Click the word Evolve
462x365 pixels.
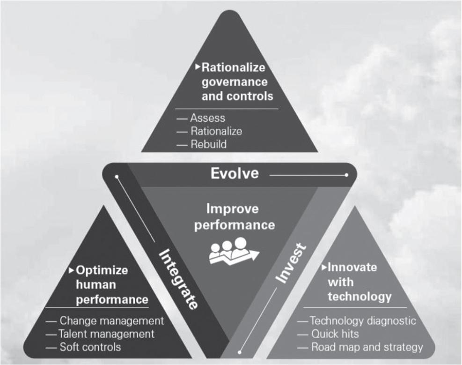[x=235, y=173]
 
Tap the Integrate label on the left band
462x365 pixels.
[x=178, y=279]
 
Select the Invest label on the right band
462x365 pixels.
[x=291, y=263]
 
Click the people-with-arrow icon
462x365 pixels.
[x=234, y=251]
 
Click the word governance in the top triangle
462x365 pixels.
[x=235, y=82]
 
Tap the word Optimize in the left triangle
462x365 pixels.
[x=102, y=270]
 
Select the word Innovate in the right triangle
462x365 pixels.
[x=352, y=267]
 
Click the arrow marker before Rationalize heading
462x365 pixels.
[x=198, y=67]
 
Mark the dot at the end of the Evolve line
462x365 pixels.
[x=346, y=175]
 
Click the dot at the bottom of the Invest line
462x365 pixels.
[x=240, y=352]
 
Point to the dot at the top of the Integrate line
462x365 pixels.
[x=117, y=177]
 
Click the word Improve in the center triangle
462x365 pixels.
[x=233, y=209]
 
